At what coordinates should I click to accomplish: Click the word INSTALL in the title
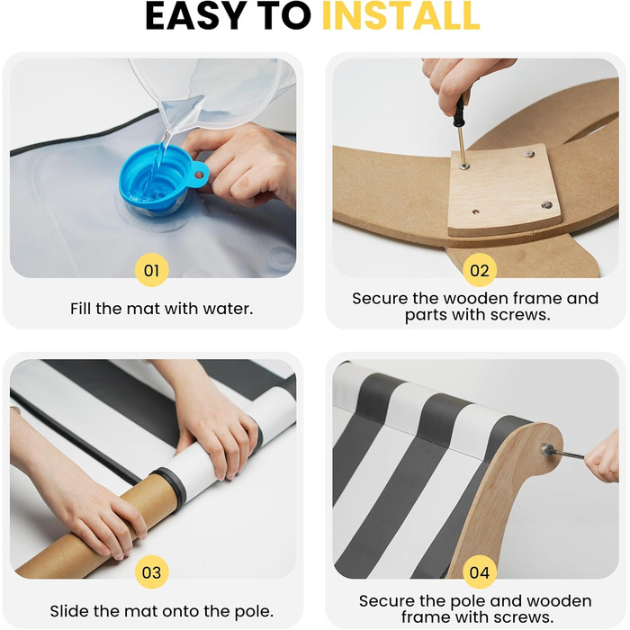click(401, 16)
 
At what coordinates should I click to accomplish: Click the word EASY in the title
click(195, 16)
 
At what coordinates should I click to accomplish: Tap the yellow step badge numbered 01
click(151, 270)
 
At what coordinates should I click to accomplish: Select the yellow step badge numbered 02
click(480, 270)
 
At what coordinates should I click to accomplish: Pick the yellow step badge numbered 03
click(151, 572)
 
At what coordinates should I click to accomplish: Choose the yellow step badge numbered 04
click(480, 572)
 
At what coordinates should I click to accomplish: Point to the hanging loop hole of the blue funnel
click(199, 175)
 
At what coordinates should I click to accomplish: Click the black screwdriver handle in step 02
click(459, 112)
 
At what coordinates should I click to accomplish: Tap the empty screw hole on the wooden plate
click(476, 211)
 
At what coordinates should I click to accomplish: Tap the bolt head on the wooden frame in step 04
click(547, 449)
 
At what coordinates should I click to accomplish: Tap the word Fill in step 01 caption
click(81, 309)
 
